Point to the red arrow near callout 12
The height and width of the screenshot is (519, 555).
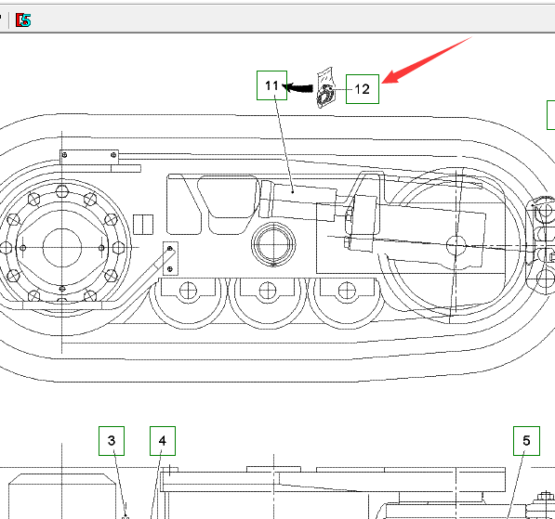click(427, 59)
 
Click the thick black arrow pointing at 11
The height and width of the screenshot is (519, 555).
click(297, 87)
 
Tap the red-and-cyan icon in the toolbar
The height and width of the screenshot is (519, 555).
click(23, 20)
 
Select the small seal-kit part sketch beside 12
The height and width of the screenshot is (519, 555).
click(325, 87)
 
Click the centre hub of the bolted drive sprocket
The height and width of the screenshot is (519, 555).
click(62, 248)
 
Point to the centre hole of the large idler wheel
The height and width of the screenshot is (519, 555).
click(456, 245)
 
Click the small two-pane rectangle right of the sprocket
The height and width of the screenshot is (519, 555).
click(143, 224)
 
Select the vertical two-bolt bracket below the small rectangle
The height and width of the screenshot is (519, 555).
click(170, 259)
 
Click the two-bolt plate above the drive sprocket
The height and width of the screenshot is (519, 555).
click(89, 157)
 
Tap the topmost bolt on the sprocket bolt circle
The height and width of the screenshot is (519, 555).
click(62, 191)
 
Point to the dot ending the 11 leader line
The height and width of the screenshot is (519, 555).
click(293, 192)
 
